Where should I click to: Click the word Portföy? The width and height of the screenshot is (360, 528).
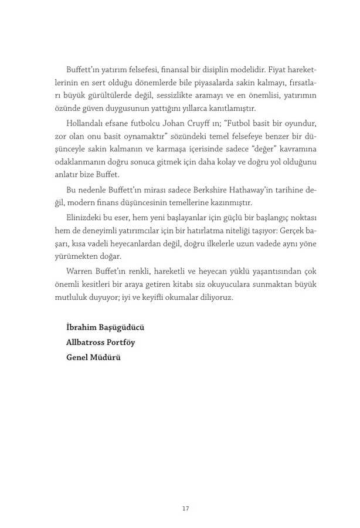coord(121,341)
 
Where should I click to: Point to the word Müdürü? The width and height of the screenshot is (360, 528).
coord(105,357)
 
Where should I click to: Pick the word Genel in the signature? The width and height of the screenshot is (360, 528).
coord(77,357)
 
